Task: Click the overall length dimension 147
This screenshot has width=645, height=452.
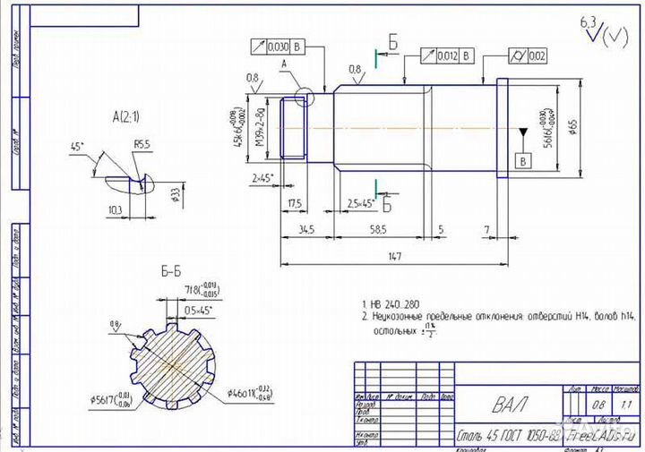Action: pyautogui.click(x=393, y=256)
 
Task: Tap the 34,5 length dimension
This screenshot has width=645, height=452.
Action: pyautogui.click(x=307, y=230)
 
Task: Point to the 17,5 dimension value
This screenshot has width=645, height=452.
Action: pyautogui.click(x=295, y=203)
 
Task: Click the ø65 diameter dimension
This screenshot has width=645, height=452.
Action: pyautogui.click(x=572, y=125)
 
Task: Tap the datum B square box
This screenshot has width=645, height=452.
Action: pyautogui.click(x=523, y=160)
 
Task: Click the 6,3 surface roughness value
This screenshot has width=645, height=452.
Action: pyautogui.click(x=588, y=20)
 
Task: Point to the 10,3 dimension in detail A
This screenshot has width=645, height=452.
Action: pyautogui.click(x=114, y=209)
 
